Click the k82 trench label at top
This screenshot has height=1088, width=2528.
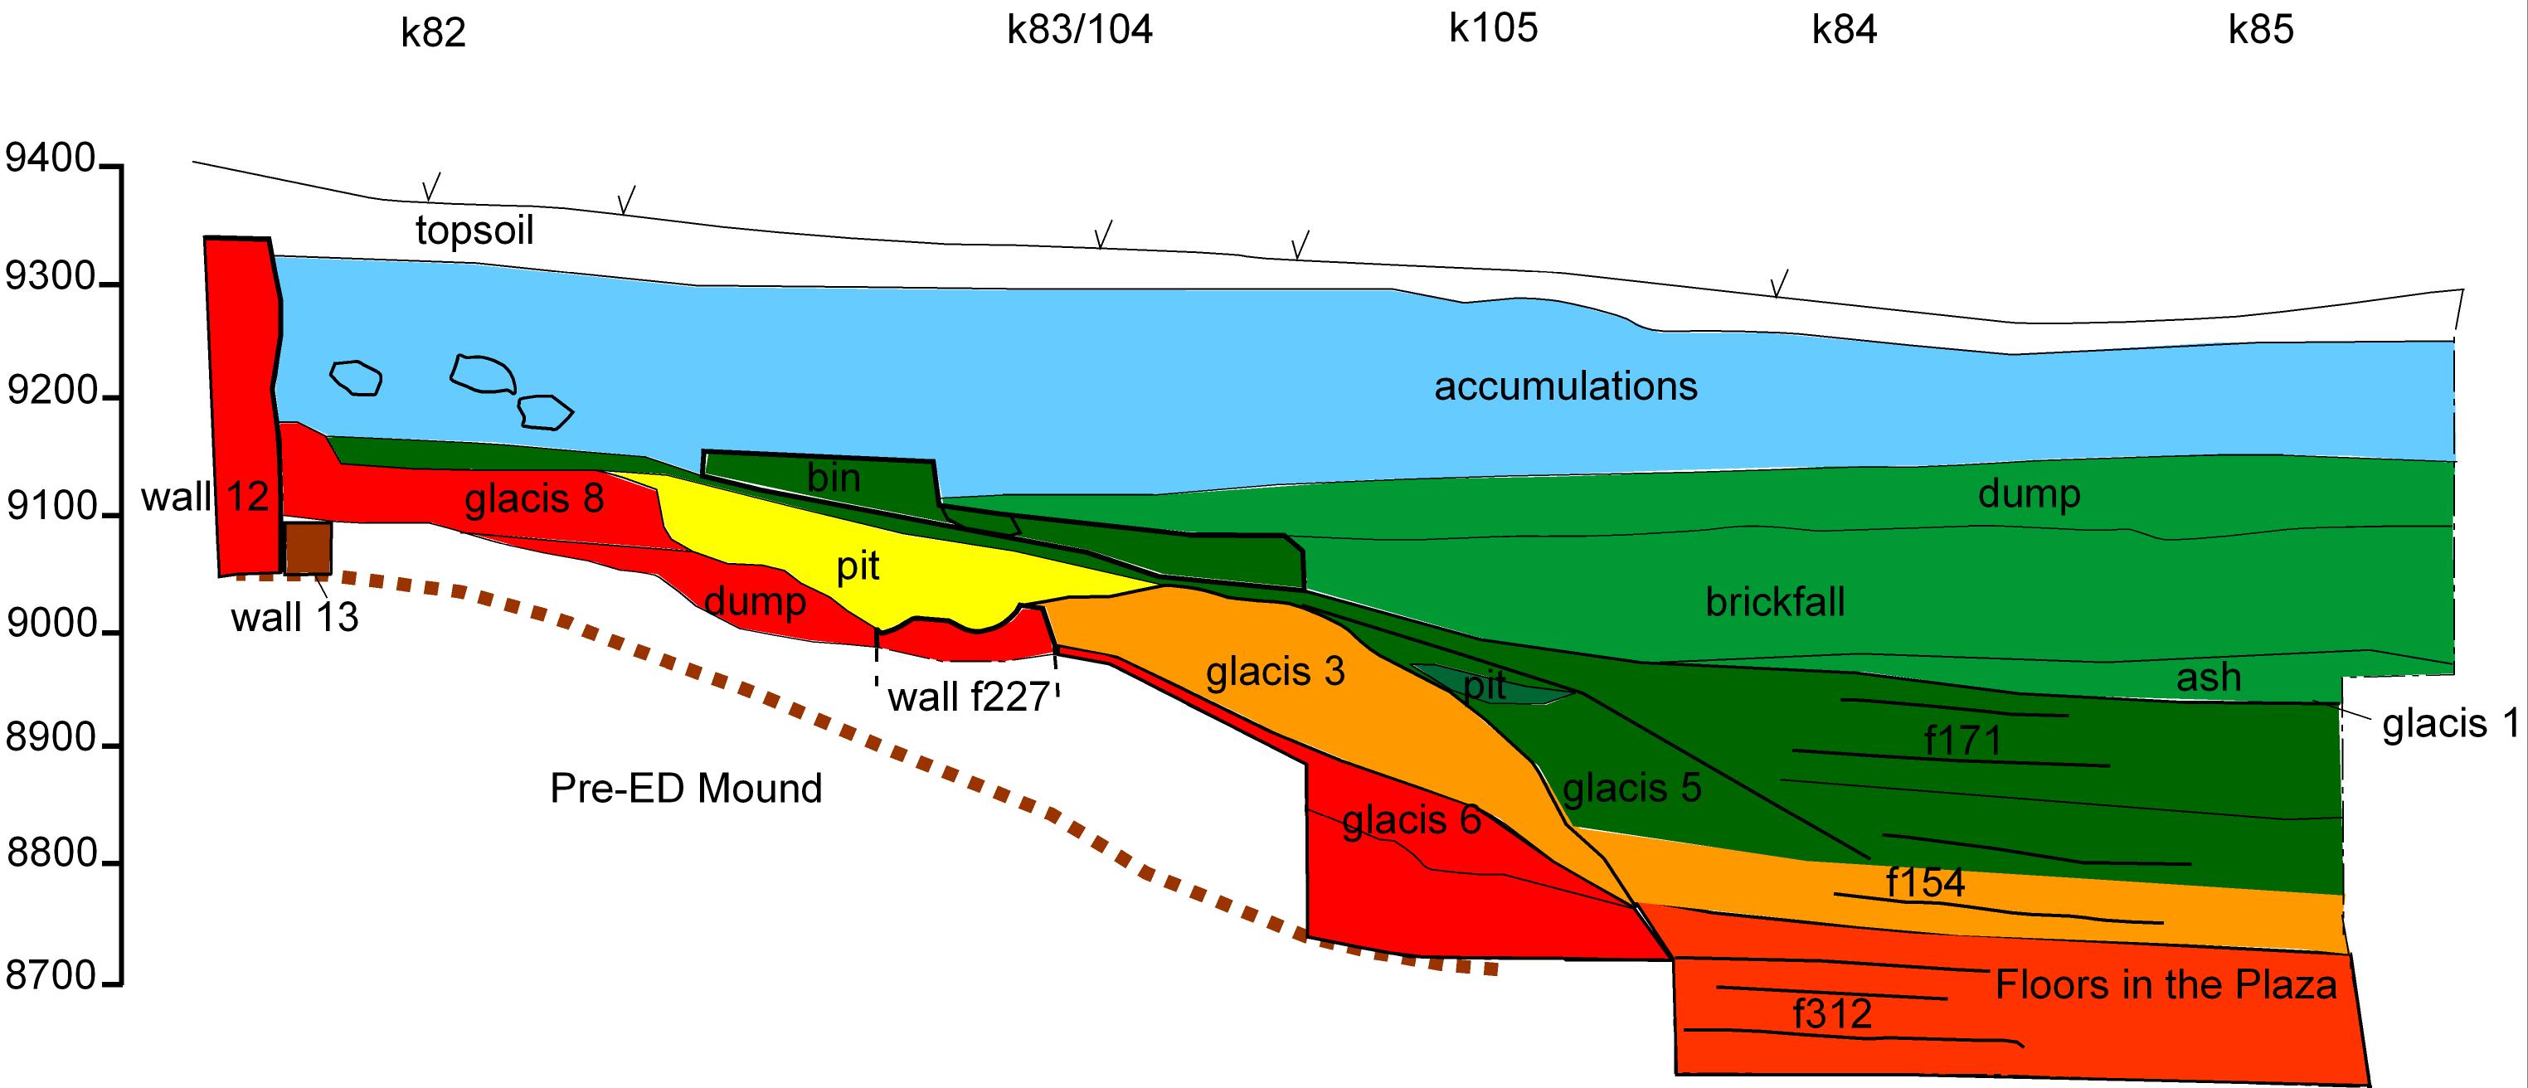pyautogui.click(x=433, y=33)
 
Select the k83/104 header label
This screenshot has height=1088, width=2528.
pyautogui.click(x=1080, y=31)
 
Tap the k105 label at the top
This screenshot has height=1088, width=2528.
pyautogui.click(x=1493, y=28)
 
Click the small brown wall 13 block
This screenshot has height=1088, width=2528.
pyautogui.click(x=309, y=548)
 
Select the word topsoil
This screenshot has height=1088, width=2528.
pyautogui.click(x=475, y=231)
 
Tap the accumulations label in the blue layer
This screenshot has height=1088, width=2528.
pyautogui.click(x=1565, y=386)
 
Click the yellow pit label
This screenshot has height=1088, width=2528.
pyautogui.click(x=858, y=567)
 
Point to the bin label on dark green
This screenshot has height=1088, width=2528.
pyautogui.click(x=834, y=478)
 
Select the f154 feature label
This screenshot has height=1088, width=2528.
pyautogui.click(x=1925, y=883)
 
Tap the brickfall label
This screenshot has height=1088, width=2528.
pyautogui.click(x=1774, y=601)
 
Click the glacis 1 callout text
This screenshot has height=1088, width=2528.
pyautogui.click(x=2451, y=724)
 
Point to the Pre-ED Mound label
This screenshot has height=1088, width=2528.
pyautogui.click(x=685, y=789)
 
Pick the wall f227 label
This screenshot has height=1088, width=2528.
pyautogui.click(x=968, y=697)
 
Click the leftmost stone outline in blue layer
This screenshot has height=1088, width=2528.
pyautogui.click(x=355, y=377)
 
